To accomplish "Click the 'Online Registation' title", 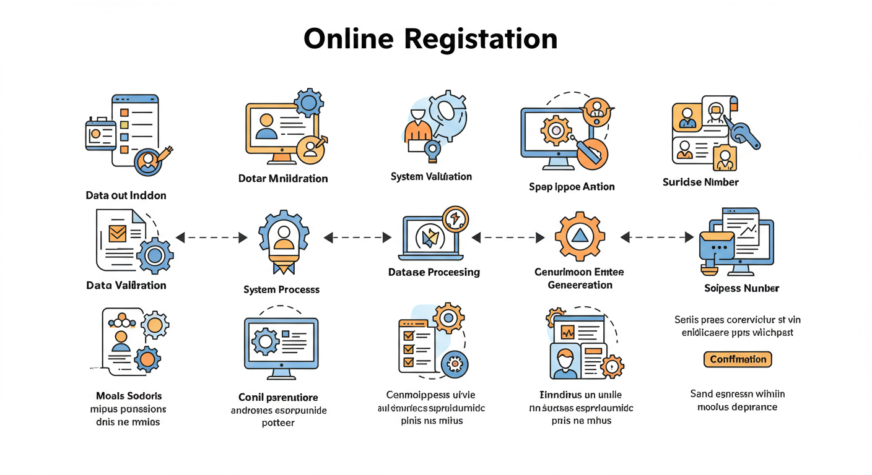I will tap(430, 38).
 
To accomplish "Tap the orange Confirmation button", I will tap(738, 359).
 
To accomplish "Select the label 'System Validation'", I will tap(431, 177).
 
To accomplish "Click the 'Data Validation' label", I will tap(126, 285).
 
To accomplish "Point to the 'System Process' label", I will tap(282, 289).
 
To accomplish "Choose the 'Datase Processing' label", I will tap(434, 272).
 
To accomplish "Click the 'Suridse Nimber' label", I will tap(700, 182).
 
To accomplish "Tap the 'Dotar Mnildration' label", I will tap(283, 179).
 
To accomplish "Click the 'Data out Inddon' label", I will tap(126, 195).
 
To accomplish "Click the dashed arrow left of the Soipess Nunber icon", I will tap(656, 237).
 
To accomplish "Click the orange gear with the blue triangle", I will tap(580, 236).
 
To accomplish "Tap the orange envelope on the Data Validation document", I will tap(117, 233).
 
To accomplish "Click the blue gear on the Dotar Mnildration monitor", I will tap(308, 102).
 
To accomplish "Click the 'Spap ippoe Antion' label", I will tap(572, 187).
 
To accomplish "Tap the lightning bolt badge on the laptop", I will tap(455, 218).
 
